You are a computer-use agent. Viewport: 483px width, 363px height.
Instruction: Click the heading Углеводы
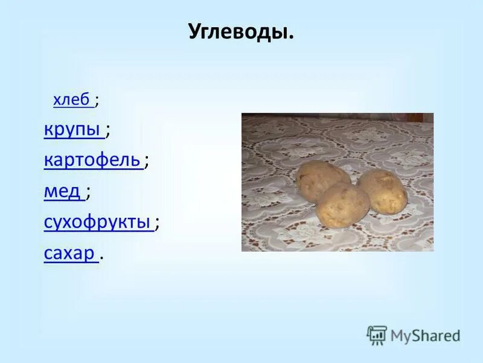241,31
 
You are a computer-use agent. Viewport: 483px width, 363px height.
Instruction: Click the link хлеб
71,100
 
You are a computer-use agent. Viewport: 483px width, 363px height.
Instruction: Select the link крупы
71,129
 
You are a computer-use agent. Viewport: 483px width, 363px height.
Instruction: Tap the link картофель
92,160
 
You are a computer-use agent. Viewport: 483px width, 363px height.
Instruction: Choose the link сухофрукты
97,223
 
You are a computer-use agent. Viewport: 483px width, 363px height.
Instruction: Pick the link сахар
69,254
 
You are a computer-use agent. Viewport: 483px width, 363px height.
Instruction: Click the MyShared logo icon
377,335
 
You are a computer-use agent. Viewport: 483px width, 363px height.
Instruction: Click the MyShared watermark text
425,335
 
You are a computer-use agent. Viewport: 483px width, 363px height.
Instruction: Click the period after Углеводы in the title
291,37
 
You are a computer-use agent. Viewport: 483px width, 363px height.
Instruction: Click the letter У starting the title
194,31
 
